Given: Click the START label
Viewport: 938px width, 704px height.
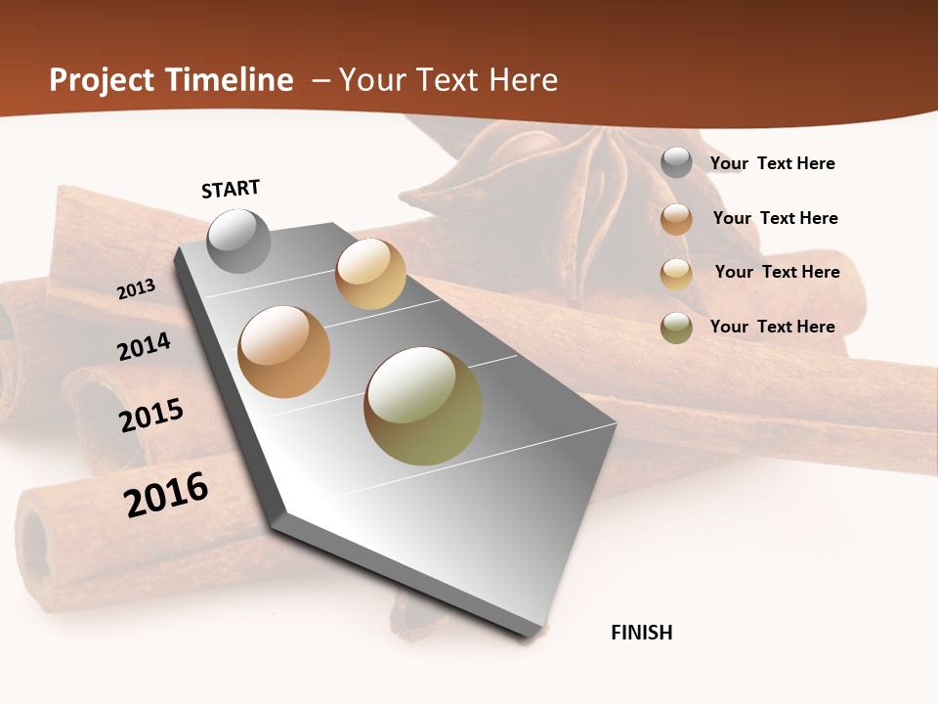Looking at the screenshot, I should pyautogui.click(x=231, y=189).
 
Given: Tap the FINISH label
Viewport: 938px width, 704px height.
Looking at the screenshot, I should pyautogui.click(x=642, y=633).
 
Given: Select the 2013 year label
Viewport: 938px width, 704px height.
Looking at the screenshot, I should pyautogui.click(x=136, y=289).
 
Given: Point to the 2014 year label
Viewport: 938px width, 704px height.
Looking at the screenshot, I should pyautogui.click(x=144, y=346).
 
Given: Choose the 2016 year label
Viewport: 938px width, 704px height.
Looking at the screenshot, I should pyautogui.click(x=166, y=495).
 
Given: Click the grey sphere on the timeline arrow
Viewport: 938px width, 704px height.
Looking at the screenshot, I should pyautogui.click(x=238, y=241).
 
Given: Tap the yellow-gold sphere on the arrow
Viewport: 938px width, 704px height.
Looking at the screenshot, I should pyautogui.click(x=370, y=274).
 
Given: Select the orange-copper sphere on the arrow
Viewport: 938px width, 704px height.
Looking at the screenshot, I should pyautogui.click(x=284, y=352).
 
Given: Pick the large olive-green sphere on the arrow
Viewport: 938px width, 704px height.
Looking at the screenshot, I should pyautogui.click(x=423, y=406).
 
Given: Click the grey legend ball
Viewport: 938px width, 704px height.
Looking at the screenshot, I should pyautogui.click(x=676, y=162).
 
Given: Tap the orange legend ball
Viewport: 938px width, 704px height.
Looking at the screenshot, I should pyautogui.click(x=676, y=219).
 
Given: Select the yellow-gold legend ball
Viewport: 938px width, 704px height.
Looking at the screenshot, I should pyautogui.click(x=676, y=274).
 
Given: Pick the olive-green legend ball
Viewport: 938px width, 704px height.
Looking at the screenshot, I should pyautogui.click(x=676, y=328).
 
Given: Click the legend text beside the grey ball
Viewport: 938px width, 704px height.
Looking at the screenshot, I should pyautogui.click(x=772, y=163).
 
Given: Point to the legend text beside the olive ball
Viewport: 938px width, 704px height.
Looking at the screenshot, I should pyautogui.click(x=772, y=327).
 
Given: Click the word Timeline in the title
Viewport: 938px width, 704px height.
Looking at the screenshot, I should pyautogui.click(x=231, y=80).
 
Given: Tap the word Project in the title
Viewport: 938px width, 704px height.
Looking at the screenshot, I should pyautogui.click(x=102, y=80).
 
